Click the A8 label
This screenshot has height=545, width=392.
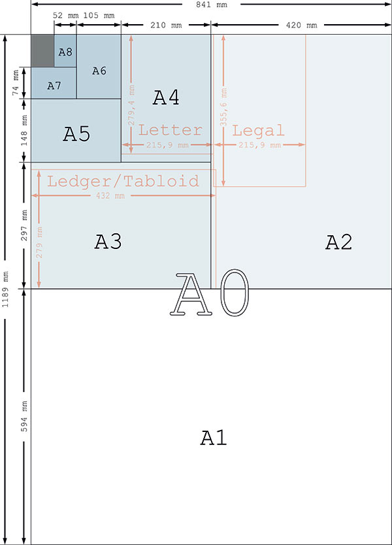65,52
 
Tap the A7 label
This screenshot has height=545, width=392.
54,86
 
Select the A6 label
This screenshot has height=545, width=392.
99,71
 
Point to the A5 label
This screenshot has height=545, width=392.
76,134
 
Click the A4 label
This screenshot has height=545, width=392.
166,97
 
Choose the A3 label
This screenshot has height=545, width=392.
108,242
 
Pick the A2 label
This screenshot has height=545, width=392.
339,242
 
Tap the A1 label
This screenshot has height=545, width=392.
214,438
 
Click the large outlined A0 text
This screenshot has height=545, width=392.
210,293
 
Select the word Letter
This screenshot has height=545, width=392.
171,130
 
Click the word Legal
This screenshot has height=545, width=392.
258,130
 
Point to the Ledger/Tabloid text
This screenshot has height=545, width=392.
123,181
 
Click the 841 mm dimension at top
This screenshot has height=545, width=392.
212,5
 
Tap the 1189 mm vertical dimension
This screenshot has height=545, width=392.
6,289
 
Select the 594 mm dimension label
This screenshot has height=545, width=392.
24,416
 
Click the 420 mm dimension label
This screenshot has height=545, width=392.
301,25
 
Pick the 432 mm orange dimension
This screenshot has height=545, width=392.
110,195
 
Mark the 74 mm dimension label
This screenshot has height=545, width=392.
16,83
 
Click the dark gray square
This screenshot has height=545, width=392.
42,51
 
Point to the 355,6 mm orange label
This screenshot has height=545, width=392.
223,107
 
